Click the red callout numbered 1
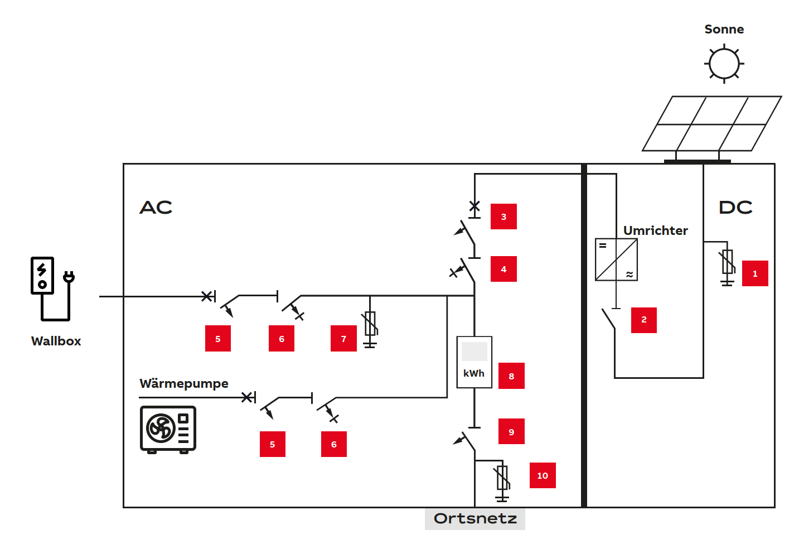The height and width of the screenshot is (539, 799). [x=754, y=273]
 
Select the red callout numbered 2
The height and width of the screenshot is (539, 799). [x=643, y=320]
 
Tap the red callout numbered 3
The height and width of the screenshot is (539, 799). [x=503, y=216]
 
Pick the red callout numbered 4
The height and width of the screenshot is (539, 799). [x=503, y=269]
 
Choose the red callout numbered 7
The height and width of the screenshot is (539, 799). [x=343, y=339]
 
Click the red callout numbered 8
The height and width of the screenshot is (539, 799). [x=511, y=376]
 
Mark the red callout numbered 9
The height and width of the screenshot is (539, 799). [x=511, y=431]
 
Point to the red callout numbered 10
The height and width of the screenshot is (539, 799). [x=543, y=475]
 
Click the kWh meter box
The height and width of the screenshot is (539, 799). [x=474, y=362]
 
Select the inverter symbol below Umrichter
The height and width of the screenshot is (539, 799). [x=616, y=259]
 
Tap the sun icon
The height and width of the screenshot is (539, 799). [x=724, y=64]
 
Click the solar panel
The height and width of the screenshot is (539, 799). [x=711, y=124]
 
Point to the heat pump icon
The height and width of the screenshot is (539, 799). [x=168, y=429]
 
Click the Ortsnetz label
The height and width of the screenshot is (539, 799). [x=475, y=519]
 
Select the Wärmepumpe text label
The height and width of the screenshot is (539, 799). [x=183, y=383]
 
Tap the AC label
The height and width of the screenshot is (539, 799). [x=156, y=208]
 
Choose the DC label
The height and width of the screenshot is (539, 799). [x=735, y=208]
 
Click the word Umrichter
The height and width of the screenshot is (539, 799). [x=655, y=230]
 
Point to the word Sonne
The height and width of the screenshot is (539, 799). [x=724, y=29]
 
